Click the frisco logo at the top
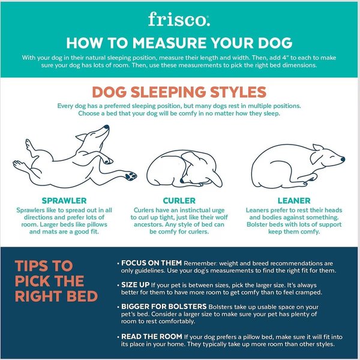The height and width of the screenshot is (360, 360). click(x=179, y=19)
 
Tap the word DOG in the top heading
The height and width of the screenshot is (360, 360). click(x=275, y=43)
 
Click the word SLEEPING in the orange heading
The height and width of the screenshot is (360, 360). click(x=168, y=92)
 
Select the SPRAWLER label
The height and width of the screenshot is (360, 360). click(x=64, y=200)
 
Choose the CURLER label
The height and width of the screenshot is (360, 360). click(x=179, y=200)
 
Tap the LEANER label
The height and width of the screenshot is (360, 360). click(x=294, y=200)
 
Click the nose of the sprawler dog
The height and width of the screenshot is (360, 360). click(x=106, y=127)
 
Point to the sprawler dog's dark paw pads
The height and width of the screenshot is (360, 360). click(x=131, y=176)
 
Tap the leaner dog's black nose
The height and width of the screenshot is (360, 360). click(x=343, y=159)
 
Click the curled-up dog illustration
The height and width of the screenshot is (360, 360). click(x=184, y=169)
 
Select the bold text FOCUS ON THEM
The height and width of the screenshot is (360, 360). click(x=152, y=263)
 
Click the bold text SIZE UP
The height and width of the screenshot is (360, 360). click(x=135, y=284)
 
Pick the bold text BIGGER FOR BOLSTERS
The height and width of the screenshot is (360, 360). click(x=164, y=307)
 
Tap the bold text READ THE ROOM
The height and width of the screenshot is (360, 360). click(x=152, y=337)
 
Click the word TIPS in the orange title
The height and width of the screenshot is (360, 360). click(x=31, y=266)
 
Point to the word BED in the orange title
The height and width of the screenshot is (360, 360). click(x=82, y=296)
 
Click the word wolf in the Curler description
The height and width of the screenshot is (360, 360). click(x=221, y=217)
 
